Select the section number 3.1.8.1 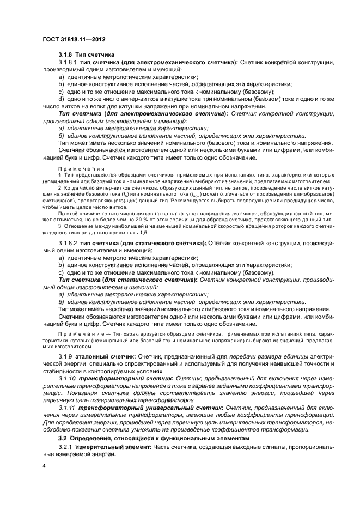pos(68,63)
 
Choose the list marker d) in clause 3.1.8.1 pos(61,99)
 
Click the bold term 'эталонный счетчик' pos(104,355)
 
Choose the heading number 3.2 pos(63,438)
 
